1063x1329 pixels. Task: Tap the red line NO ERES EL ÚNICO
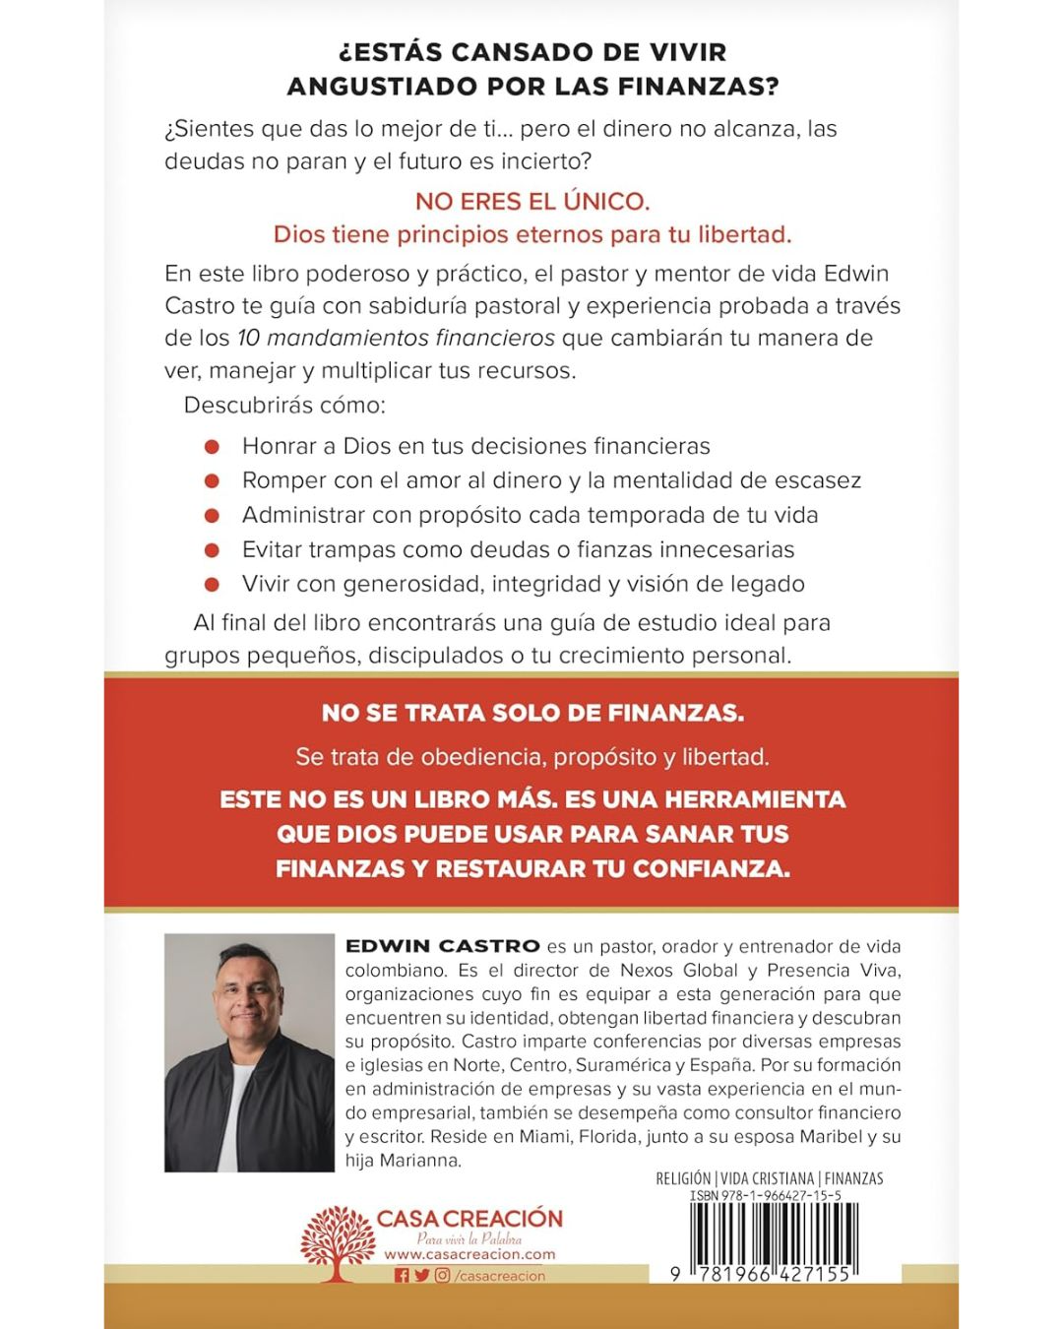tap(532, 202)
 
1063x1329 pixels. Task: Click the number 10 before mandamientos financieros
tap(248, 339)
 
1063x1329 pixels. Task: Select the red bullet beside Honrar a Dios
tap(212, 447)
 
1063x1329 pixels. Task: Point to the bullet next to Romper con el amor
tap(212, 481)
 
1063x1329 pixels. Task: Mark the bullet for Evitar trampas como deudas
tap(212, 550)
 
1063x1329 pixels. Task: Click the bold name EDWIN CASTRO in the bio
tap(443, 946)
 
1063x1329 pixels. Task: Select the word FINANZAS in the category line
tap(853, 1178)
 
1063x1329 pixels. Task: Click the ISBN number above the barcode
tap(765, 1195)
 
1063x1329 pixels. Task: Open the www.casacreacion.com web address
tap(469, 1255)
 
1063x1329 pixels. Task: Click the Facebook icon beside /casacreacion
tap(401, 1276)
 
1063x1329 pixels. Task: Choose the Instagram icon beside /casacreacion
tap(443, 1276)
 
